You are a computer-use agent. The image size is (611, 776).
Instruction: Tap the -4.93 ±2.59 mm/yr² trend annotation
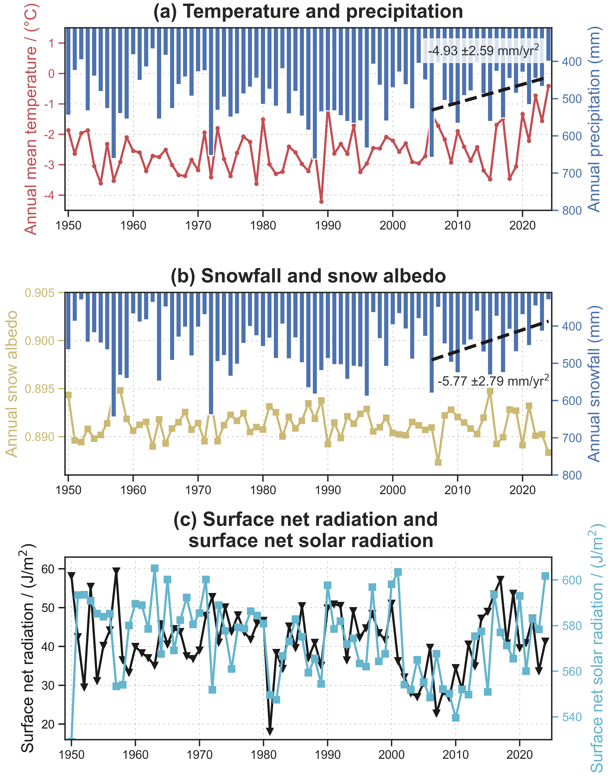point(483,50)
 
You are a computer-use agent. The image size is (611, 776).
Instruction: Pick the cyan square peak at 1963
point(155,568)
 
